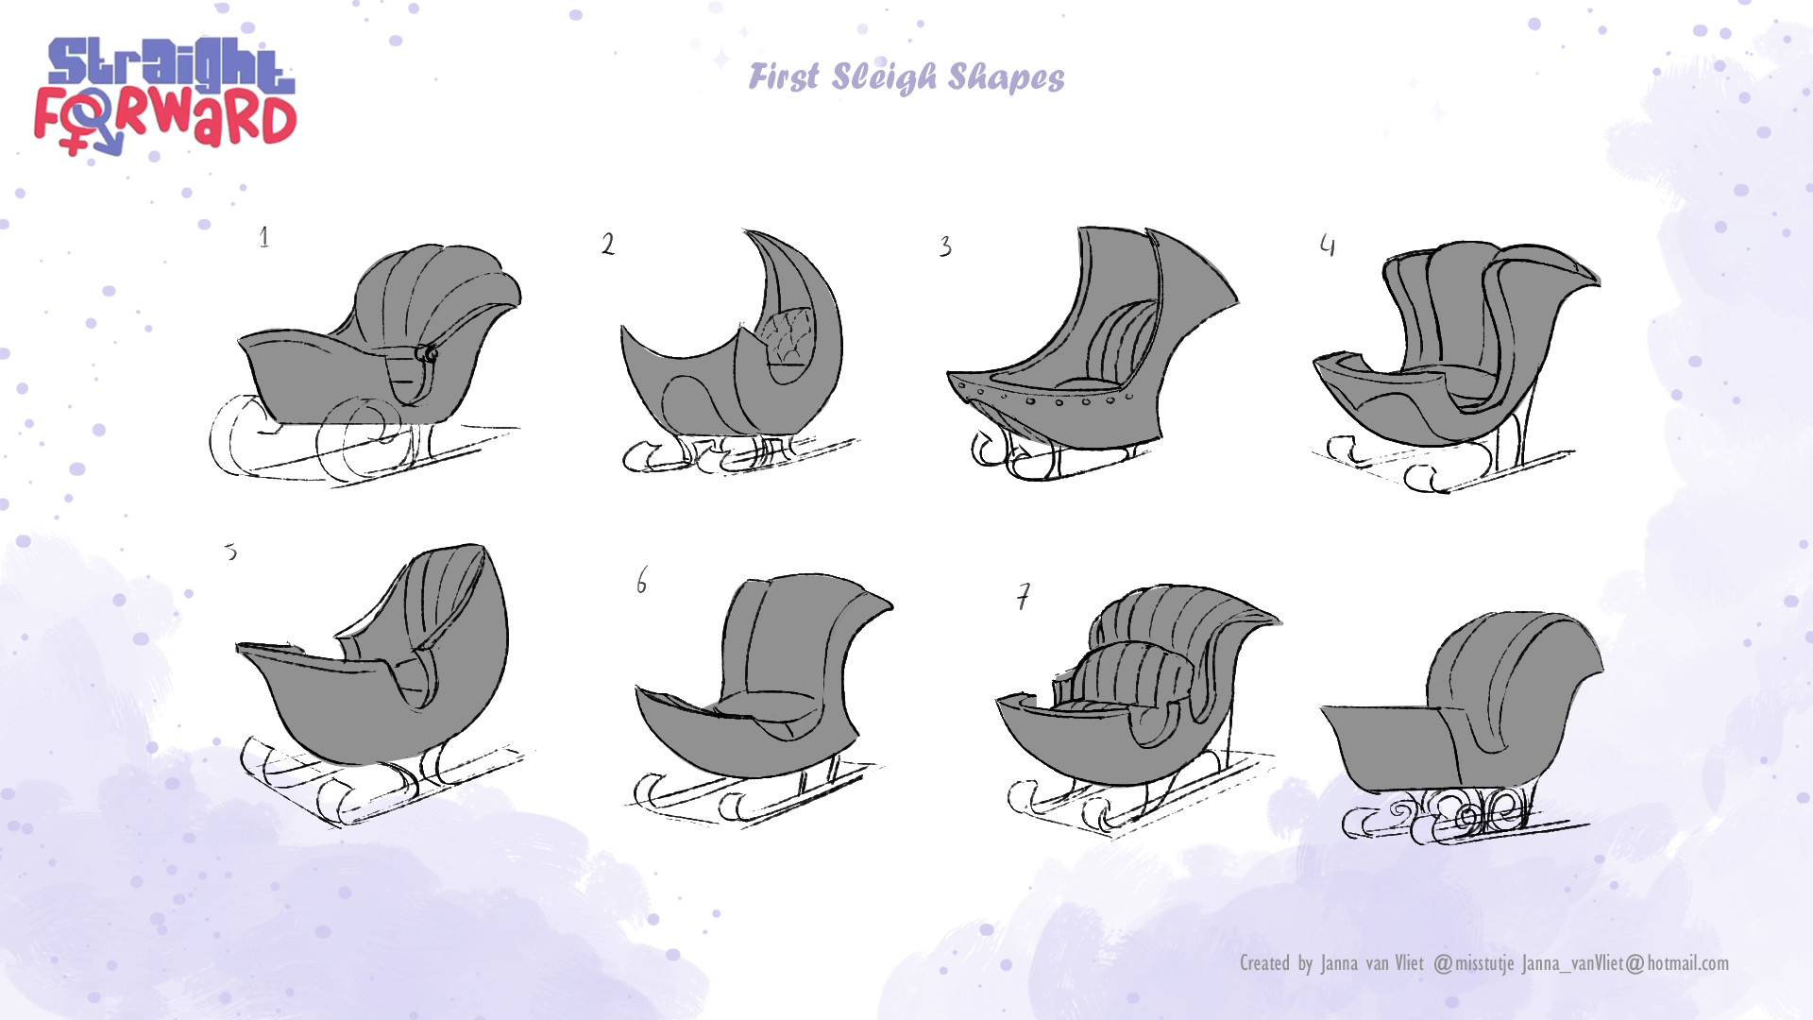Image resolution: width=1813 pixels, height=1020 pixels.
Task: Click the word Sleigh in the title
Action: (x=884, y=77)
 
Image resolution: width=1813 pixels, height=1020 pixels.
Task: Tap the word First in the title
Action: (x=784, y=77)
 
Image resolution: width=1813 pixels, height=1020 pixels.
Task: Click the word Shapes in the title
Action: (x=1006, y=77)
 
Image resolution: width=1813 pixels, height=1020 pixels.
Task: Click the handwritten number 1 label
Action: (x=264, y=237)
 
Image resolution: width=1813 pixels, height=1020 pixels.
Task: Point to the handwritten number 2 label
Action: (x=608, y=245)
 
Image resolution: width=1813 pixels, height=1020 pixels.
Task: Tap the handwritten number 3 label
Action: (x=945, y=247)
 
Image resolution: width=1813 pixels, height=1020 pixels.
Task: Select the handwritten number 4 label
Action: (x=1328, y=246)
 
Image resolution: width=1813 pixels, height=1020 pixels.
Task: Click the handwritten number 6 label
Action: (x=642, y=580)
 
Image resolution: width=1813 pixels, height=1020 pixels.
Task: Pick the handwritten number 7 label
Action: (x=1024, y=597)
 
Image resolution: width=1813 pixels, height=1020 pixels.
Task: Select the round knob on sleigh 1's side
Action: (x=430, y=354)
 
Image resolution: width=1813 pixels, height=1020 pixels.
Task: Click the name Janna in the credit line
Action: (x=1339, y=963)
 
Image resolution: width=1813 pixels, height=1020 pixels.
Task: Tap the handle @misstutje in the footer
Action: (x=1474, y=963)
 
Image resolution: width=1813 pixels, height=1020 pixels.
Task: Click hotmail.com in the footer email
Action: (x=1687, y=963)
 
